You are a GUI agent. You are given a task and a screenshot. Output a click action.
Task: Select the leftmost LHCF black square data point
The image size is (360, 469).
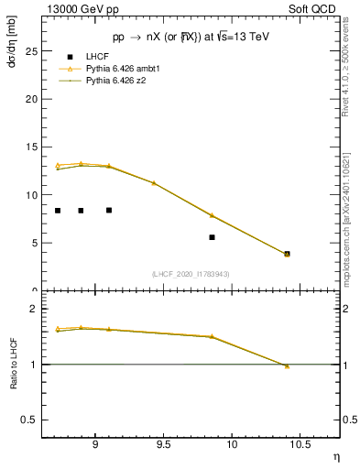(58, 211)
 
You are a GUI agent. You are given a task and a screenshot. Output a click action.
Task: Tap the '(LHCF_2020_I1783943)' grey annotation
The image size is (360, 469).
(191, 274)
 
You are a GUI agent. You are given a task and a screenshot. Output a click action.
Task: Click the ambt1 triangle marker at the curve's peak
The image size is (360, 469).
(81, 164)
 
